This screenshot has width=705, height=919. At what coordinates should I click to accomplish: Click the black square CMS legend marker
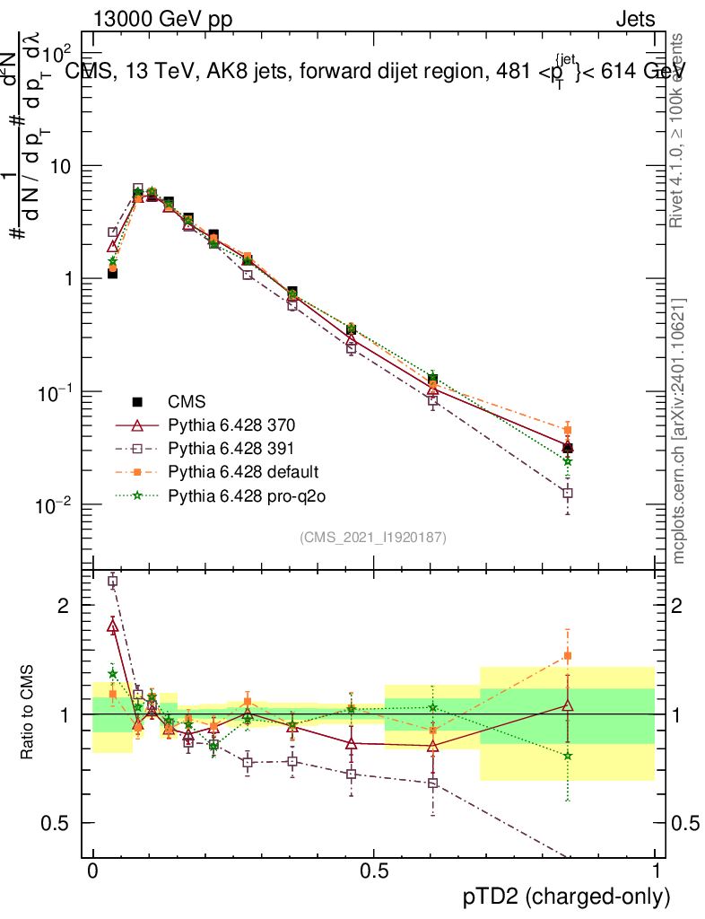tap(138, 401)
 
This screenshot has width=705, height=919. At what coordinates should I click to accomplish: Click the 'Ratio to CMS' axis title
tap(29, 714)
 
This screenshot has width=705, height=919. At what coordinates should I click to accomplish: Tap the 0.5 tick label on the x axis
tap(373, 871)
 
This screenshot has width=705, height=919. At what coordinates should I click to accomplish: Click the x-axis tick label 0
tap(92, 871)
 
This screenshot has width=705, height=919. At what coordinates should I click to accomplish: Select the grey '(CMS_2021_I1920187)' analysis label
tap(373, 537)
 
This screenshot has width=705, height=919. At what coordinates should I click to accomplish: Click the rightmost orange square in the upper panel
tap(567, 430)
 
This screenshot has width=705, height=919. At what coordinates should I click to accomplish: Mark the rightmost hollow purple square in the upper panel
tap(567, 493)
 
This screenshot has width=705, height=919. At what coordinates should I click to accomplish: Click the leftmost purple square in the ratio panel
tap(112, 582)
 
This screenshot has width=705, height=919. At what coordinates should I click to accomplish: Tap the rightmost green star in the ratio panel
tap(567, 756)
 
